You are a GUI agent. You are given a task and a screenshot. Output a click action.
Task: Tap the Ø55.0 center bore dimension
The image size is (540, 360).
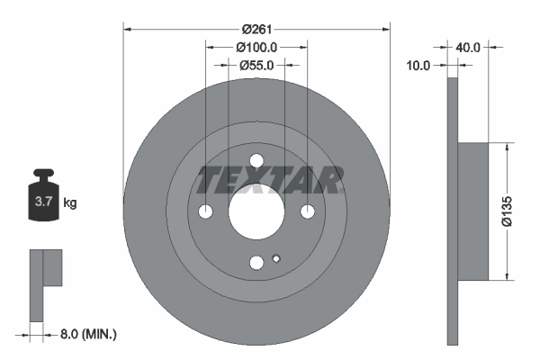pyautogui.click(x=256, y=65)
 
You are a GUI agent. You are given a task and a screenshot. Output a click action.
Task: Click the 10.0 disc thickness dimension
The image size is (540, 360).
pyautogui.click(x=419, y=65)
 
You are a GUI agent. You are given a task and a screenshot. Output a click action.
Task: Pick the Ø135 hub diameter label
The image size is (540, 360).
pyautogui.click(x=506, y=211)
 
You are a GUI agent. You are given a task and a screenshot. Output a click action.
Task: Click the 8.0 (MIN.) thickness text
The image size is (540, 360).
pyautogui.click(x=86, y=334)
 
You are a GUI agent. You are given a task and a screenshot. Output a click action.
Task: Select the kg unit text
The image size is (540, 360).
pyautogui.click(x=69, y=202)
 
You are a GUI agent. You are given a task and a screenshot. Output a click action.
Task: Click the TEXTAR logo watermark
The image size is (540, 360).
pyautogui.click(x=270, y=180)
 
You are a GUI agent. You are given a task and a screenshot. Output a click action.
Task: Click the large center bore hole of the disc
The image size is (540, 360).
pyautogui.click(x=256, y=211)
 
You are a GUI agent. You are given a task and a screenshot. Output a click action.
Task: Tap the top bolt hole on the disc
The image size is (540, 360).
pyautogui.click(x=256, y=161)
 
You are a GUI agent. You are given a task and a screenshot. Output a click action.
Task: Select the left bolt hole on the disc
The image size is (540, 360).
pyautogui.click(x=206, y=211)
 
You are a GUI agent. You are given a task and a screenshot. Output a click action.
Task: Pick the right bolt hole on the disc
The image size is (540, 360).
pyautogui.click(x=308, y=211)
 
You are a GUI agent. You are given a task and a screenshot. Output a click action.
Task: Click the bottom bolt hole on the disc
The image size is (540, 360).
pyautogui.click(x=256, y=263)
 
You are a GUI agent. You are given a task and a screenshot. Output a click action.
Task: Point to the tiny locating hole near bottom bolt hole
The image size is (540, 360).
pyautogui.click(x=276, y=259)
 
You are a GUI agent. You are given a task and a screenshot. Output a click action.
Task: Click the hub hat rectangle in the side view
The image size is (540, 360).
pyautogui.click(x=473, y=211)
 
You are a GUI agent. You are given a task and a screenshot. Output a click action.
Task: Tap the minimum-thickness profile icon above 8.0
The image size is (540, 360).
pyautogui.click(x=45, y=279)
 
